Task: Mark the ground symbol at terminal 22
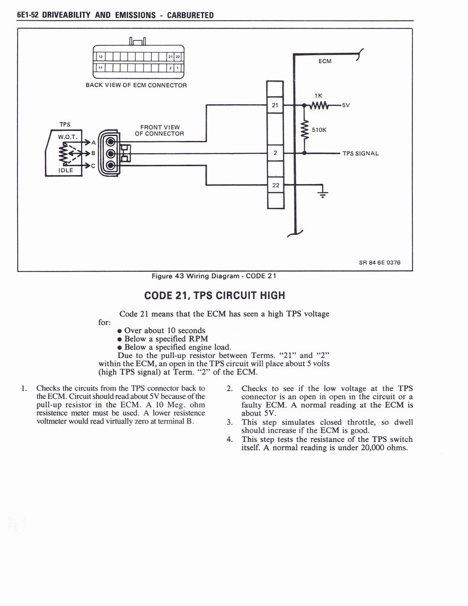click(322, 191)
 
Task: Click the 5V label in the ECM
click(346, 105)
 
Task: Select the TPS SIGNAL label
click(360, 154)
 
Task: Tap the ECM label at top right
click(325, 60)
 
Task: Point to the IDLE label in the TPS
click(65, 170)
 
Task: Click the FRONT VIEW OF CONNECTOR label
click(159, 130)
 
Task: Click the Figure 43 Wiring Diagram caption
click(214, 276)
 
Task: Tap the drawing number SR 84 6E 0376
click(379, 263)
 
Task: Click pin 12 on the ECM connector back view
click(101, 57)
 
